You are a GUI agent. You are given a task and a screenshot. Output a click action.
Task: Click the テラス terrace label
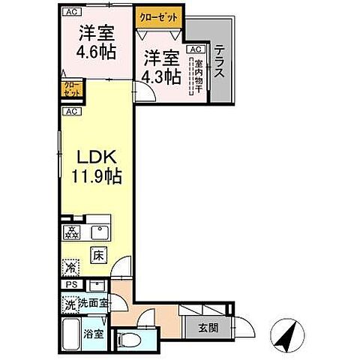(220, 62)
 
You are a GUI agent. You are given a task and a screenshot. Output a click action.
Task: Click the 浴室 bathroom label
(94, 334)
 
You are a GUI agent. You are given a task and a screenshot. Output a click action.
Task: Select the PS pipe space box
(71, 285)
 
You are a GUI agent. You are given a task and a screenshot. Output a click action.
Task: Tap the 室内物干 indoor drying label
(198, 75)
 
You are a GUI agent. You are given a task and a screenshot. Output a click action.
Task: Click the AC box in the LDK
(70, 111)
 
